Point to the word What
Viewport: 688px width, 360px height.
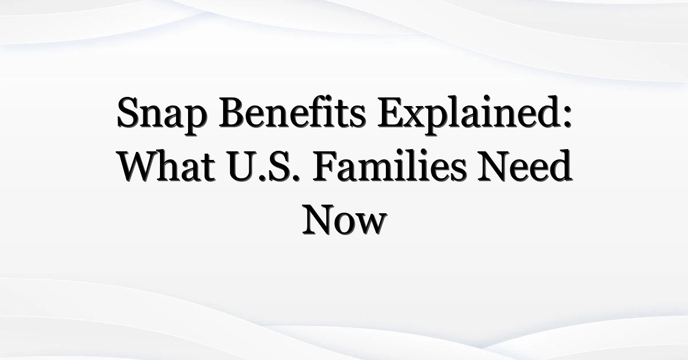[167, 166]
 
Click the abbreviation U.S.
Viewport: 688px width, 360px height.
[264, 166]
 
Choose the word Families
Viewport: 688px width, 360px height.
[389, 166]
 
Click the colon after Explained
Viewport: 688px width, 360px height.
[568, 118]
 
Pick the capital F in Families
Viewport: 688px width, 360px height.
[326, 166]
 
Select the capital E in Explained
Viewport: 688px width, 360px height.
[391, 112]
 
